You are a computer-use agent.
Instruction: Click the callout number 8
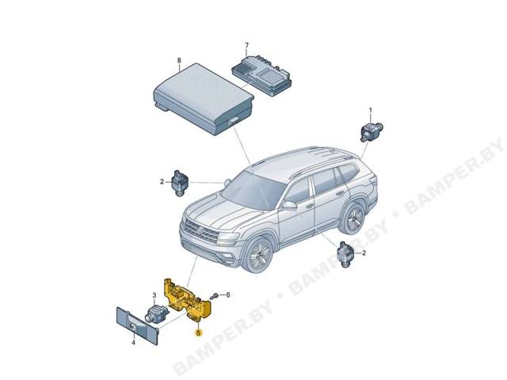[179, 60]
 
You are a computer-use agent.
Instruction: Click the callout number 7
[247, 44]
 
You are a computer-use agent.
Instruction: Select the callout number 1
[371, 111]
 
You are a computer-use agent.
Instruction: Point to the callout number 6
[228, 295]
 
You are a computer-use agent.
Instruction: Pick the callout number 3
[154, 295]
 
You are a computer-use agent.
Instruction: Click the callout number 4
[133, 343]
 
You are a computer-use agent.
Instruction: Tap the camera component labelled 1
[372, 131]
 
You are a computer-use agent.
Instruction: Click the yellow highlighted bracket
[188, 300]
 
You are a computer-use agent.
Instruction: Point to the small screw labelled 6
[214, 296]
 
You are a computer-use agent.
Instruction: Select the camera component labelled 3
[157, 313]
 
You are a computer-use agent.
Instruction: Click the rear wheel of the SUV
[353, 218]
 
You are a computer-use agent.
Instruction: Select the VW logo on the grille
[200, 230]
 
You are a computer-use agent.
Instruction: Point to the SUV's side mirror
[289, 206]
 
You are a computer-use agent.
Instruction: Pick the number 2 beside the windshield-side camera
[162, 182]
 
